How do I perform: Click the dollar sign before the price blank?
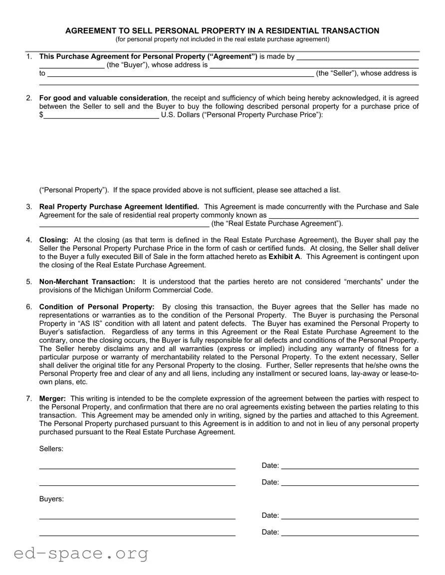point(41,115)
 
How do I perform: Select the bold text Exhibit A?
point(284,257)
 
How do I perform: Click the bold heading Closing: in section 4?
point(54,240)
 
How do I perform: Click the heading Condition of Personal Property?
point(97,306)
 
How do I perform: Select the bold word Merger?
point(52,399)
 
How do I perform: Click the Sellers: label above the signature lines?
point(51,449)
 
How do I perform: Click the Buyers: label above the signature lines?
point(51,499)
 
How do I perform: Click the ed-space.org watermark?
point(81,553)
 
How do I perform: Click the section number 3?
point(29,206)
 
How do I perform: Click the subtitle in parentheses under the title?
point(222,39)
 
